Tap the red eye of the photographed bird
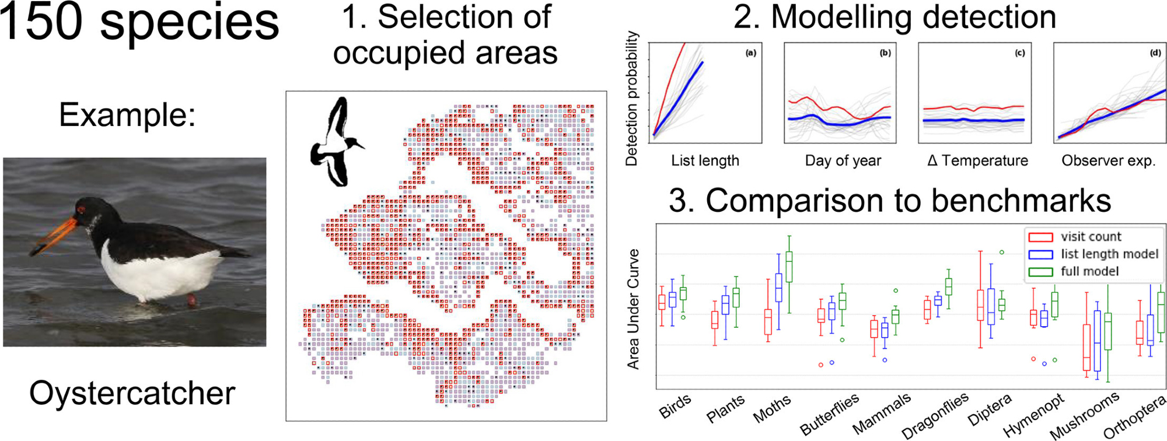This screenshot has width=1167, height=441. point(81,209)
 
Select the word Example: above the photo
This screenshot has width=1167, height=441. point(127,115)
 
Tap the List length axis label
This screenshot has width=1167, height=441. point(705,160)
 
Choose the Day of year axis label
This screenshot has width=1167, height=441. point(843,160)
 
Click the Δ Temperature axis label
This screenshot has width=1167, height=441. point(977,160)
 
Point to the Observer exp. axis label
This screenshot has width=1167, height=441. point(1108,160)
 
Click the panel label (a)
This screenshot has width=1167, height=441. point(750,53)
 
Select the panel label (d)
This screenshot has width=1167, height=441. point(1155,53)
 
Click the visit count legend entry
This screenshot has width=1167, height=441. point(1091,237)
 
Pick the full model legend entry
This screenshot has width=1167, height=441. point(1089,271)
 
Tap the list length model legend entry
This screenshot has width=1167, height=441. point(1109,254)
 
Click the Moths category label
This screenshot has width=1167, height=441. point(773,408)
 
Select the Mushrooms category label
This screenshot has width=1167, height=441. point(1085,415)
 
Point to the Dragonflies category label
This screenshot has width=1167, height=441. point(935,415)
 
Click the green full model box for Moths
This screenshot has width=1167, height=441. point(789,267)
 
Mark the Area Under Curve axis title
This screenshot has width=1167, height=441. point(633,309)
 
